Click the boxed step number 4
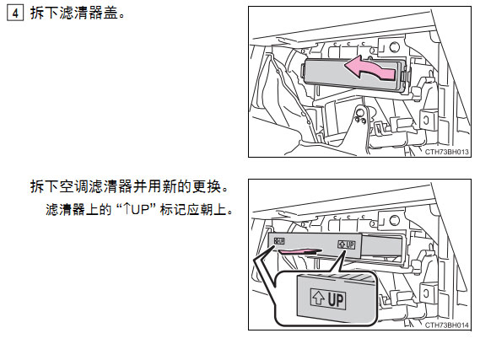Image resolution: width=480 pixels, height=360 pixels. pyautogui.click(x=15, y=13)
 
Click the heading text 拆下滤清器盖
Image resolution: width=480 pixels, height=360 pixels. pyautogui.click(x=74, y=13)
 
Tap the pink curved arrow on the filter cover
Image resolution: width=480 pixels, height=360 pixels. pyautogui.click(x=370, y=68)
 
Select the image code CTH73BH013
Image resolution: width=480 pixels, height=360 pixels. pyautogui.click(x=446, y=152)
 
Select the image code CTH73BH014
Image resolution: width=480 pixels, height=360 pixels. pyautogui.click(x=446, y=325)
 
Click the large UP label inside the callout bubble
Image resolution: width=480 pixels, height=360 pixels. pyautogui.click(x=328, y=298)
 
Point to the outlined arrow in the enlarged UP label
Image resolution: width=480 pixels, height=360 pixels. pyautogui.click(x=318, y=298)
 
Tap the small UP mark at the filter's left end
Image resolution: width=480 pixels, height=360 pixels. pyautogui.click(x=279, y=241)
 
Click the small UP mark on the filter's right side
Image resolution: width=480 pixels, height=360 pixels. pyautogui.click(x=346, y=244)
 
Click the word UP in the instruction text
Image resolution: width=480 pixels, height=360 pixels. pyautogui.click(x=140, y=210)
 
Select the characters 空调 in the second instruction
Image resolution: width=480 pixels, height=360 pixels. pyautogui.click(x=74, y=186)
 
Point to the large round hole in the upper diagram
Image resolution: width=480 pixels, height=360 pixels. pyautogui.click(x=394, y=47)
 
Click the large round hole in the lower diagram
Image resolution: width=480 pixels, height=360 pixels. pyautogui.click(x=394, y=220)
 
